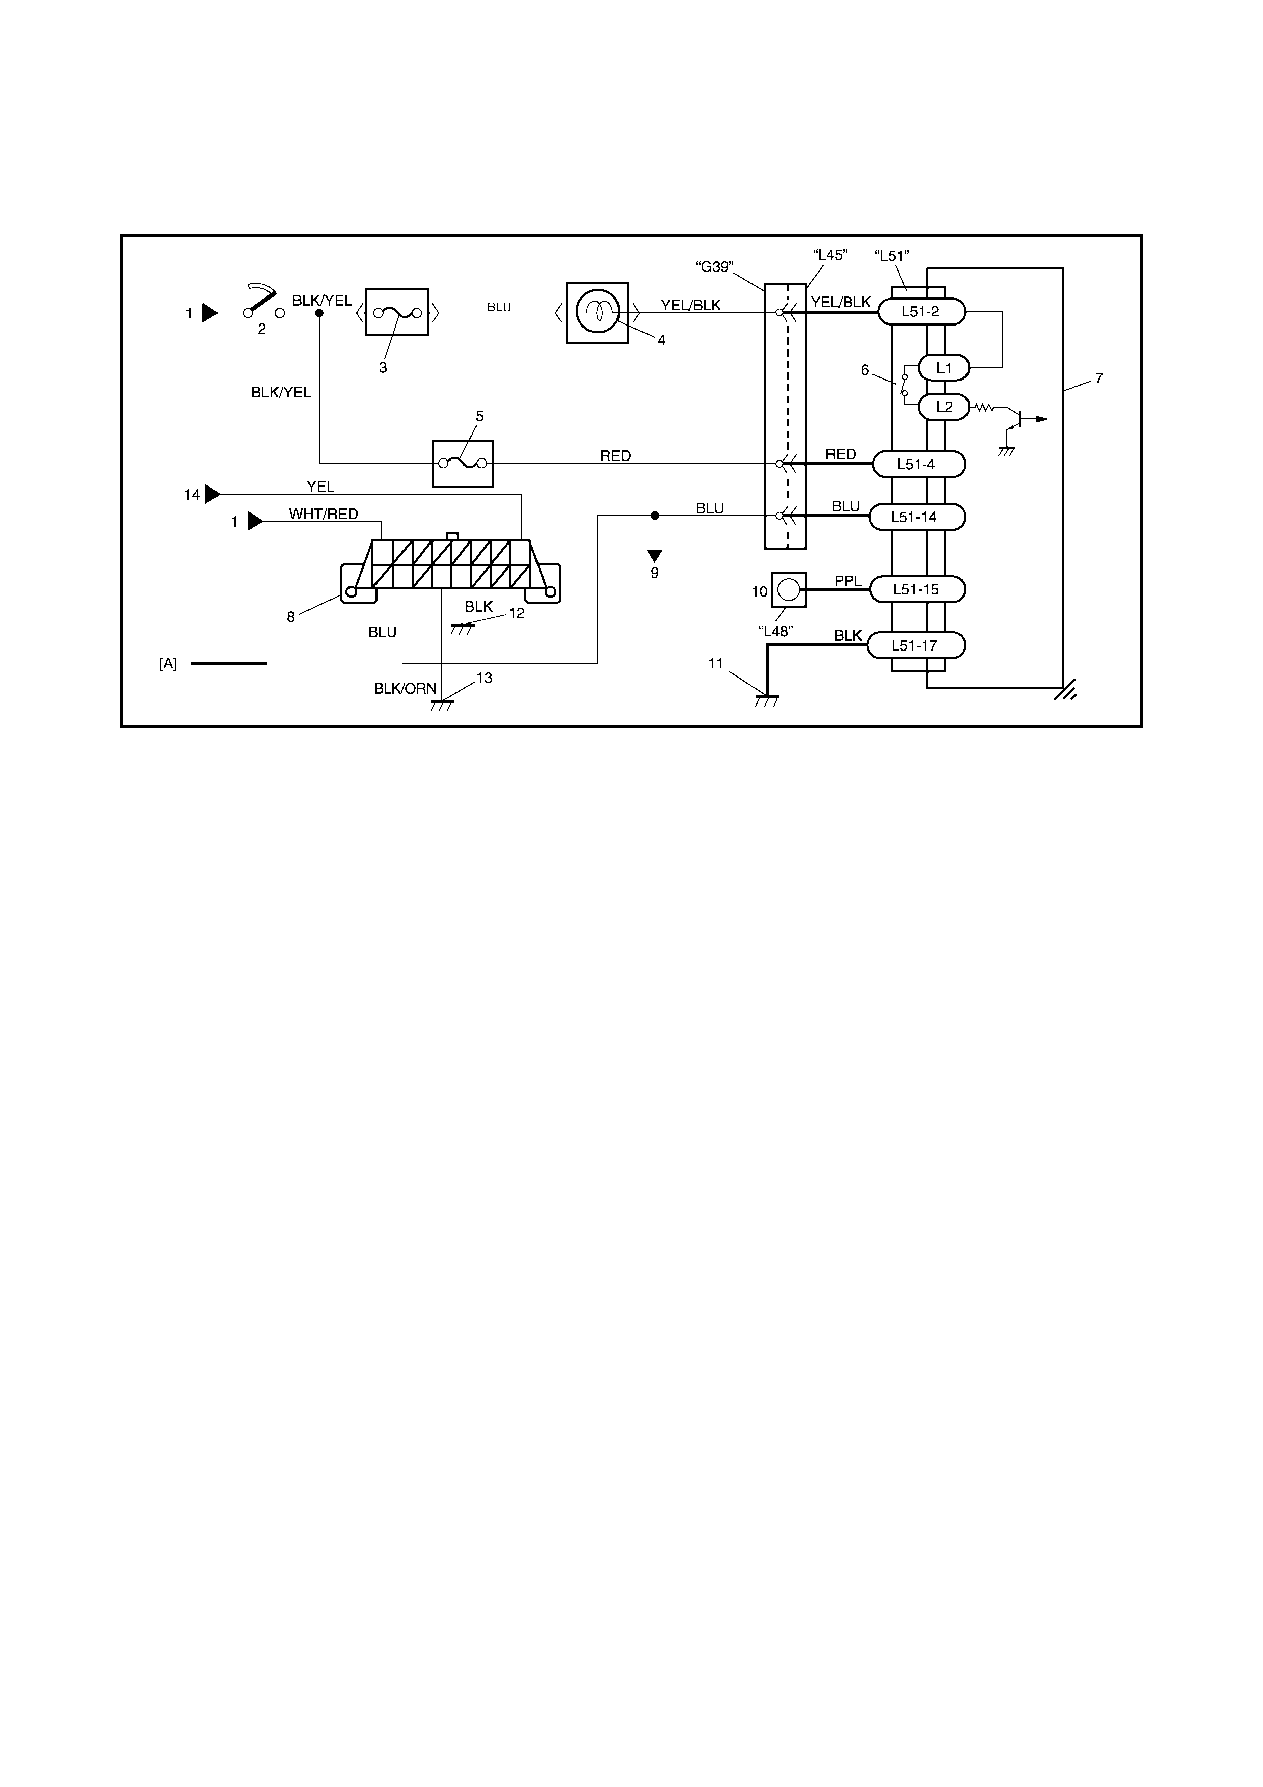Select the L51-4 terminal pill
click(918, 465)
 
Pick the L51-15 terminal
click(917, 589)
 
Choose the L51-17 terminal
click(917, 645)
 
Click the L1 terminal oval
click(944, 367)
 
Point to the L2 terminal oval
click(944, 407)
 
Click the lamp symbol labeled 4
click(597, 313)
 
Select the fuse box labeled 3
click(397, 312)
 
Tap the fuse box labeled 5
click(462, 463)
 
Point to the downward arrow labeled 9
click(655, 556)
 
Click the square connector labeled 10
click(788, 589)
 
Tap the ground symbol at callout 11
click(767, 700)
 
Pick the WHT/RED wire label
click(324, 513)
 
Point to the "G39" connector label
click(714, 267)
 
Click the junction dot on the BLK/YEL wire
click(319, 313)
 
